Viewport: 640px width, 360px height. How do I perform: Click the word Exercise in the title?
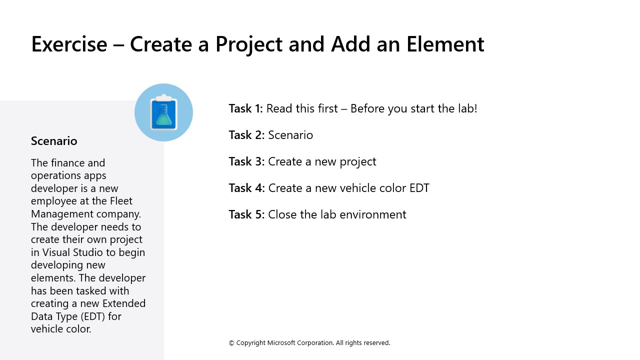click(x=69, y=44)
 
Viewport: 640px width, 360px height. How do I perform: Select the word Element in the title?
click(x=445, y=44)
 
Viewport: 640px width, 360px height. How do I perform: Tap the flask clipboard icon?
click(x=163, y=112)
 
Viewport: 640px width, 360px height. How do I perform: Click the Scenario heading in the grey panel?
click(x=54, y=141)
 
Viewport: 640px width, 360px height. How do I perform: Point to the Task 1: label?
click(x=245, y=108)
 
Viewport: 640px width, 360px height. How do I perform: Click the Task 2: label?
click(x=246, y=135)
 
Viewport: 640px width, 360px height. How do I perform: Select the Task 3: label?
click(x=246, y=161)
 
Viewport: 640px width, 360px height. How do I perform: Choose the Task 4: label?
click(x=246, y=188)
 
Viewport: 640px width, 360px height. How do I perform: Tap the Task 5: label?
click(x=246, y=214)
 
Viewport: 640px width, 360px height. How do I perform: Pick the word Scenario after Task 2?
click(x=290, y=135)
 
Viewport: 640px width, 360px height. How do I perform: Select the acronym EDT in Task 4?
click(x=418, y=188)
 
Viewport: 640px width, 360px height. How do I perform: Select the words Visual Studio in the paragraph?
click(x=74, y=252)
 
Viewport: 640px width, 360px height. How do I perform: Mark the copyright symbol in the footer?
click(x=231, y=343)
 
